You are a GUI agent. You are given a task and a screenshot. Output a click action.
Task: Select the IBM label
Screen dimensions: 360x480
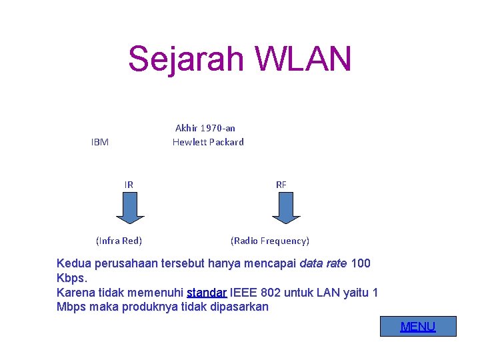pyautogui.click(x=100, y=142)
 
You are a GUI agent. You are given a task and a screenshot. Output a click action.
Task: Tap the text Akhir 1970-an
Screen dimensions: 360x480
pyautogui.click(x=205, y=127)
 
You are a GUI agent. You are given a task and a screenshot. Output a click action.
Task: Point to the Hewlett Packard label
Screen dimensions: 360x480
pyautogui.click(x=208, y=142)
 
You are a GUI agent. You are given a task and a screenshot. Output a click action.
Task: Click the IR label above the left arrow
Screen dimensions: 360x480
pyautogui.click(x=129, y=185)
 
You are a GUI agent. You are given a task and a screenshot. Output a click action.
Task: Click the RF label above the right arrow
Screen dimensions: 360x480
pyautogui.click(x=281, y=185)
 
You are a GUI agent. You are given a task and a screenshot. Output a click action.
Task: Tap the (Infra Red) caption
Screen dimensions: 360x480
pyautogui.click(x=119, y=241)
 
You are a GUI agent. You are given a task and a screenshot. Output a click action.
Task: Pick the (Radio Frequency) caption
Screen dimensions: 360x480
pyautogui.click(x=270, y=241)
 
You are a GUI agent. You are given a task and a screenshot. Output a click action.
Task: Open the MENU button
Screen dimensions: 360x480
pyautogui.click(x=418, y=327)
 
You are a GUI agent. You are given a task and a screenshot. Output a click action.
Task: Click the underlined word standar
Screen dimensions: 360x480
pyautogui.click(x=207, y=292)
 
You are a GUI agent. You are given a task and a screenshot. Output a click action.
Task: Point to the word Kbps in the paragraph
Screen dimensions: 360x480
pyautogui.click(x=71, y=277)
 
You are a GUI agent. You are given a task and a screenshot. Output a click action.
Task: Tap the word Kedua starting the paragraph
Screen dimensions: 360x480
pyautogui.click(x=74, y=263)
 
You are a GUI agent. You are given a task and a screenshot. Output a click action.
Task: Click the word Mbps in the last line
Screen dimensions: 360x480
pyautogui.click(x=71, y=307)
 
